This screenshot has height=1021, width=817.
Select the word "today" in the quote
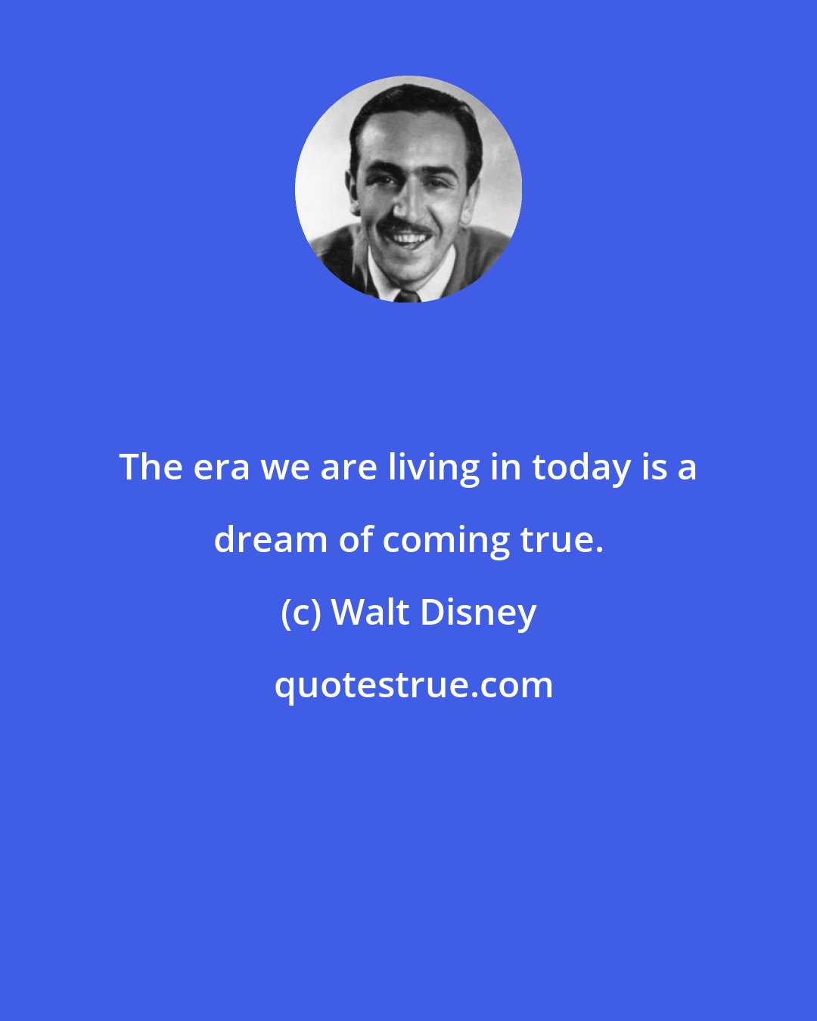point(582,468)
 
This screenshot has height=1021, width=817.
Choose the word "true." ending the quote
point(561,540)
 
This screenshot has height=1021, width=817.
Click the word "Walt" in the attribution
point(370,612)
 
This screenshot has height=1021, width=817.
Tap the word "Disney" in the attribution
point(478,613)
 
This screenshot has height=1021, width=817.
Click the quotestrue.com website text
point(413,685)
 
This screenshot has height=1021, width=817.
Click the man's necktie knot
point(406,295)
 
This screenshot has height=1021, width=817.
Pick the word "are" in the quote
point(348,468)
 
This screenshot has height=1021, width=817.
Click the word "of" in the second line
point(355,540)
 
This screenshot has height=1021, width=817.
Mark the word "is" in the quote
point(653,468)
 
